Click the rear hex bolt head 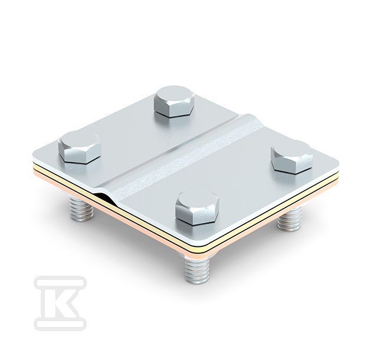coord(174,101)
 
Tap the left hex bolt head coord(80,147)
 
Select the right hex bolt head coord(292,157)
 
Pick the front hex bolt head coord(197,208)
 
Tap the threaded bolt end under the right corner coord(290,219)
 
